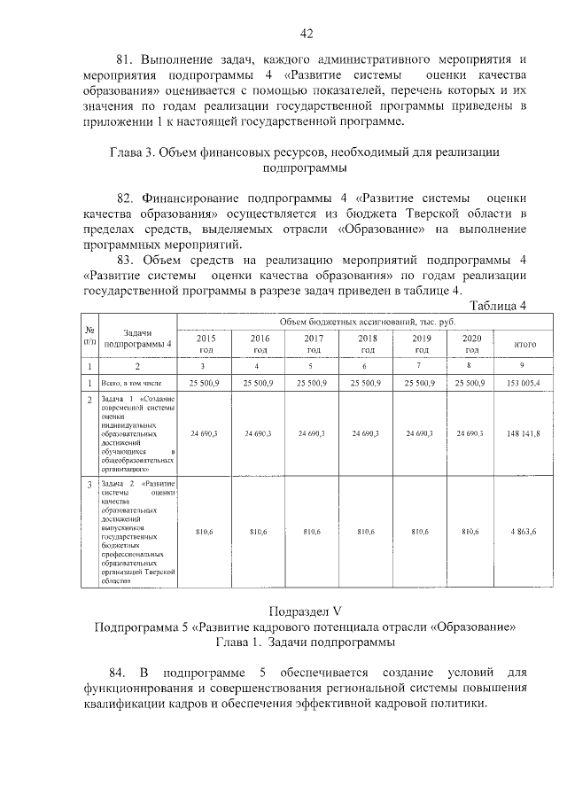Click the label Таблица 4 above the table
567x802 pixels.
click(x=498, y=307)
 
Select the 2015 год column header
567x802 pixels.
click(x=206, y=344)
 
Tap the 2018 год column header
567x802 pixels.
click(x=366, y=344)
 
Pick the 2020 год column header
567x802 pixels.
click(x=472, y=344)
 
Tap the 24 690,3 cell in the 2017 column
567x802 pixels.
click(x=313, y=433)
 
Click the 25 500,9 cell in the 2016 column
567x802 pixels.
click(x=259, y=382)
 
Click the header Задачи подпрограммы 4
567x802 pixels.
click(x=137, y=336)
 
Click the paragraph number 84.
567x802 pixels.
click(x=128, y=673)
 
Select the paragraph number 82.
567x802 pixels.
click(x=128, y=198)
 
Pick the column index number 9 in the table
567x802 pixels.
click(x=522, y=365)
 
